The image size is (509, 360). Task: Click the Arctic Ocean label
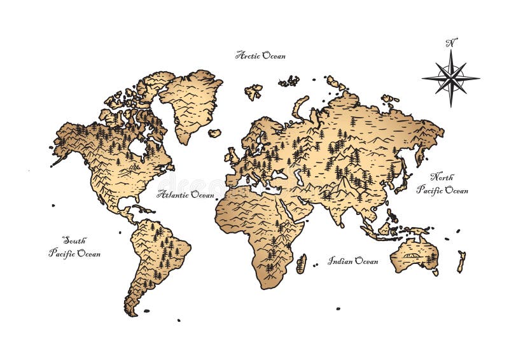[x=260, y=55]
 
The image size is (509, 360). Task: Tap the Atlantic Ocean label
[x=186, y=194]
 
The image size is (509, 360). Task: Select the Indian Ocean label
[x=353, y=260]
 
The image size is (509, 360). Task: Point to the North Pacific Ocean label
[x=442, y=183]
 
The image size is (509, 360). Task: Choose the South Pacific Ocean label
[x=74, y=247]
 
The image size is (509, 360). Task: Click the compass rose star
[x=450, y=78]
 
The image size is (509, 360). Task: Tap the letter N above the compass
[x=451, y=43]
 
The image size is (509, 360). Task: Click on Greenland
[x=191, y=102]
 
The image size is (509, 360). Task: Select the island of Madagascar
[x=302, y=263]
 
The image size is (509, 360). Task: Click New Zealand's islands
[x=461, y=261]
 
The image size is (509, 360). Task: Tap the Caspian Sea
[x=299, y=176]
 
